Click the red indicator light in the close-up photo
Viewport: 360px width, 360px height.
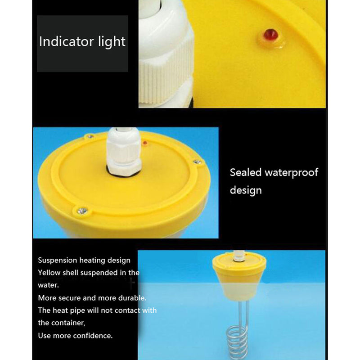[x=271, y=35]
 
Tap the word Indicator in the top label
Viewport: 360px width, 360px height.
[x=66, y=41]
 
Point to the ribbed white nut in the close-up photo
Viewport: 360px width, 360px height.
[x=166, y=69]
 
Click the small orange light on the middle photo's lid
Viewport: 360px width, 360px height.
[x=145, y=143]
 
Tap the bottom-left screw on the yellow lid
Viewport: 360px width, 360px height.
[x=82, y=211]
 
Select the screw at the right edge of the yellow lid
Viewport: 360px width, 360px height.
[x=197, y=162]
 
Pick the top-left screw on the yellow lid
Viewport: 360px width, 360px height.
[x=90, y=137]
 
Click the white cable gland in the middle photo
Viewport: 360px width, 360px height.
[x=124, y=152]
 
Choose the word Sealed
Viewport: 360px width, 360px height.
[x=246, y=172]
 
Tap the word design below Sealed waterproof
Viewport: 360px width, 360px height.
[x=246, y=190]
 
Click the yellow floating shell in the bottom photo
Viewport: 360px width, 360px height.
[x=239, y=277]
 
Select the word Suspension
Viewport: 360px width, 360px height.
[x=58, y=261]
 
